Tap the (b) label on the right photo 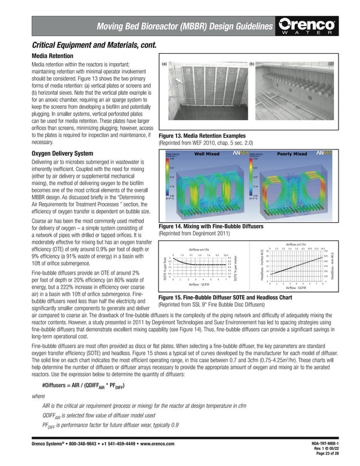point(252,64)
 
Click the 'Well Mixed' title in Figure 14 point(208,153)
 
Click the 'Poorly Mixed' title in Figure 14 point(292,153)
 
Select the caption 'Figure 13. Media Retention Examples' point(203,136)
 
